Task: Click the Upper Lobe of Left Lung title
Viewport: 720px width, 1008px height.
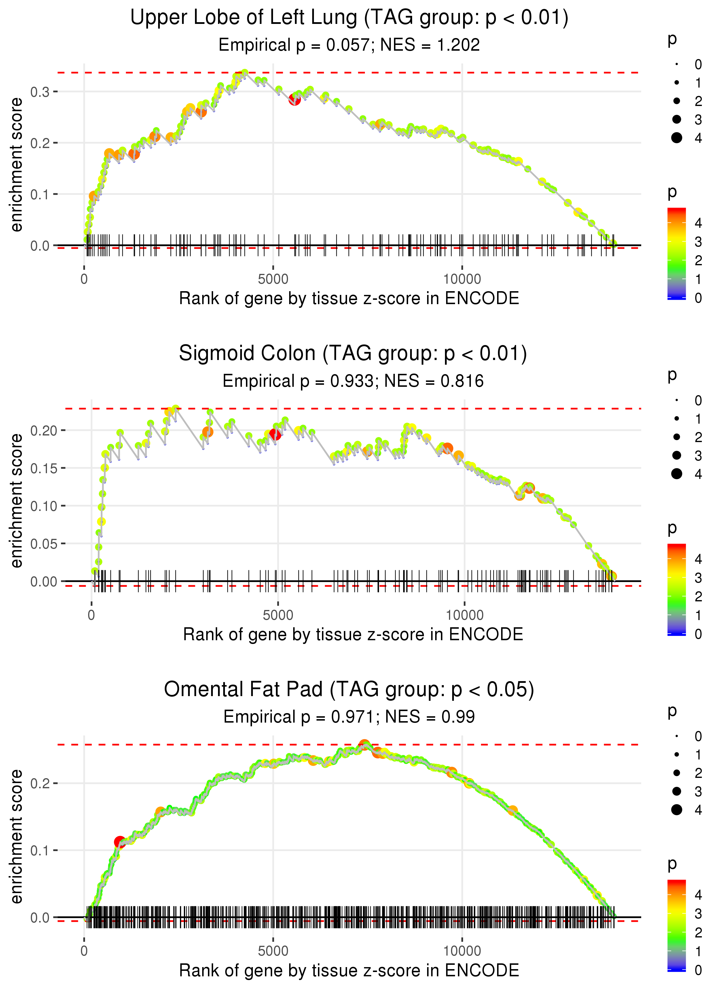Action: (x=349, y=18)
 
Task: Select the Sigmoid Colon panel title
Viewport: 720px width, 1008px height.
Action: (x=353, y=354)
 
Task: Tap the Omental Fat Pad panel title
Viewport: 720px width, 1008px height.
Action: (x=349, y=689)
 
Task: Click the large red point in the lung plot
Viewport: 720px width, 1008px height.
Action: (x=294, y=100)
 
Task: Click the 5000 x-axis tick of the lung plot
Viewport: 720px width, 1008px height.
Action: (x=273, y=279)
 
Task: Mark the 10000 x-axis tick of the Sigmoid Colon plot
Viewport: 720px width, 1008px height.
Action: (x=465, y=615)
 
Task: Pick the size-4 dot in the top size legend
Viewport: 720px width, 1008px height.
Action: (x=677, y=138)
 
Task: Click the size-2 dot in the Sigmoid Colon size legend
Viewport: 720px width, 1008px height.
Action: (x=677, y=437)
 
